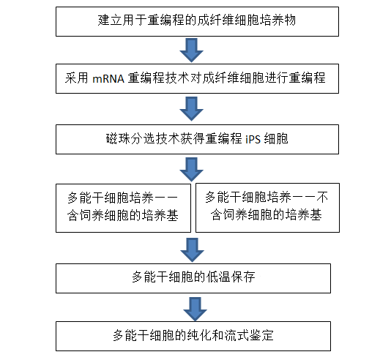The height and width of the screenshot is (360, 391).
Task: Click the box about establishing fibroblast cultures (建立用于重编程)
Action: coord(197,22)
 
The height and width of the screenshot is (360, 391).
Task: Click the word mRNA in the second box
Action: coord(108,79)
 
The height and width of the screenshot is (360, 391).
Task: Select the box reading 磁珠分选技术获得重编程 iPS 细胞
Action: coord(197,139)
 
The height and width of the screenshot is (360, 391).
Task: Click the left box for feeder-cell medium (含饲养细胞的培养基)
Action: coord(123,208)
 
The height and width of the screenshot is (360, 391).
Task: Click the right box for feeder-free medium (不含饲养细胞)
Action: coord(267,208)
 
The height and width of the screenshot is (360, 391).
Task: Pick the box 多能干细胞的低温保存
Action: coord(193,278)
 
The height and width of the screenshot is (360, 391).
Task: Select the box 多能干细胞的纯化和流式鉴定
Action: coord(193,336)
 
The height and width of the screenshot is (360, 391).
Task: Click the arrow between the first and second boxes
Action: coord(192,50)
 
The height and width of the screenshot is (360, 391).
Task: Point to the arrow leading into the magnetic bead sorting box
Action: coord(192,109)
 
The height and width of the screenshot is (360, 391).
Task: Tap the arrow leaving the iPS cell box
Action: coord(192,170)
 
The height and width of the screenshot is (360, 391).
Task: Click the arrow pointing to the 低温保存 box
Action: coord(193,250)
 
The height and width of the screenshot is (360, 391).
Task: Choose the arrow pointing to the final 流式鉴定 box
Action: coord(195,309)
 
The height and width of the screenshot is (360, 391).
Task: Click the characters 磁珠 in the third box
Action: coord(118,139)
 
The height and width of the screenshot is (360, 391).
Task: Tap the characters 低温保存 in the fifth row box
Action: coord(231,277)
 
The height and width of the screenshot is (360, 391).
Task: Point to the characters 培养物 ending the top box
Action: coord(278,20)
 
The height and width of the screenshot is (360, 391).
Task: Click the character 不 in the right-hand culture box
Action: coord(322,198)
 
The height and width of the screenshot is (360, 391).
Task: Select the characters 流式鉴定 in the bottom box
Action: coord(249,335)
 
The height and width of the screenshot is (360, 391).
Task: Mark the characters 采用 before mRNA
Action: coord(77,78)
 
